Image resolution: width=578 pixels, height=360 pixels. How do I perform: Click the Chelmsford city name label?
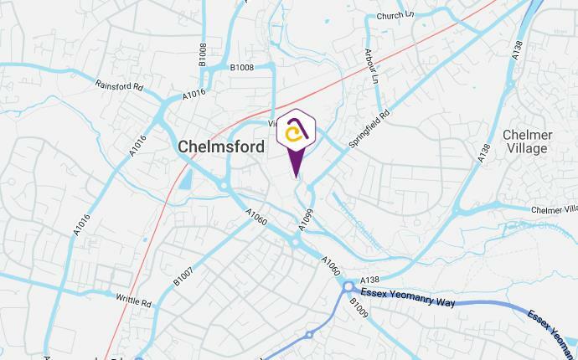pyautogui.click(x=221, y=147)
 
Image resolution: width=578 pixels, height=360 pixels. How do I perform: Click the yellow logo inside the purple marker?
pyautogui.click(x=295, y=134)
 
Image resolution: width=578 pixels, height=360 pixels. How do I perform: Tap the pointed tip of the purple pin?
pyautogui.click(x=295, y=177)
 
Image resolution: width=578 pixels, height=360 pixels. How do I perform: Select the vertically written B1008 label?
pyautogui.click(x=202, y=55)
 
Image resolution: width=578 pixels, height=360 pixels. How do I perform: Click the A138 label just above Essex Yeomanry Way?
pyautogui.click(x=369, y=280)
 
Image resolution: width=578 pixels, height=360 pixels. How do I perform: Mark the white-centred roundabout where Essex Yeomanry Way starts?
pyautogui.click(x=348, y=289)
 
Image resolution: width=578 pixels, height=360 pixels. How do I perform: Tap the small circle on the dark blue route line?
pyautogui.click(x=309, y=335)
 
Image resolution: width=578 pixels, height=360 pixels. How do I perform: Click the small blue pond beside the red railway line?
pyautogui.click(x=185, y=178)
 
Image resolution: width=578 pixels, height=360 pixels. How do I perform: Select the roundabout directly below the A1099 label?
pyautogui.click(x=296, y=243)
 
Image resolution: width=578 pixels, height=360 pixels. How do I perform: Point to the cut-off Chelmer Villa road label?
pyautogui.click(x=555, y=208)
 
